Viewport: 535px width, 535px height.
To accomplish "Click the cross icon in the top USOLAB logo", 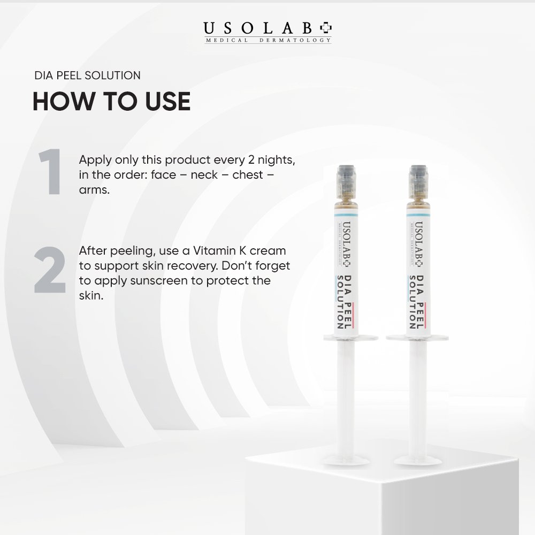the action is [x=325, y=28].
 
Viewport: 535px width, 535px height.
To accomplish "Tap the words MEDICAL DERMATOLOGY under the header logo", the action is [x=268, y=40].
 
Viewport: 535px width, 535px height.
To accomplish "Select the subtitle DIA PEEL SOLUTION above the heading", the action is [x=87, y=75].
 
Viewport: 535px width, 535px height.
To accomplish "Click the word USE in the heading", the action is [x=167, y=101].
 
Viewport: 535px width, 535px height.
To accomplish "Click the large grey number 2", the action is [x=50, y=270].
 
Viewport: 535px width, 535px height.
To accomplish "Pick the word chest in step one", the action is [x=248, y=175].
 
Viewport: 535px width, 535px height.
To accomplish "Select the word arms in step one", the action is [x=94, y=190].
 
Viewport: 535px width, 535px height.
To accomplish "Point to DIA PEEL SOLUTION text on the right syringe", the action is [x=417, y=302].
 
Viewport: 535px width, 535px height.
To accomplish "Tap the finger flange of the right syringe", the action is [x=417, y=338].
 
